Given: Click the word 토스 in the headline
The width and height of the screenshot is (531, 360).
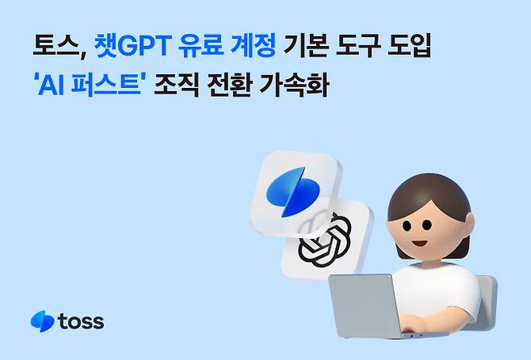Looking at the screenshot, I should coord(50,44).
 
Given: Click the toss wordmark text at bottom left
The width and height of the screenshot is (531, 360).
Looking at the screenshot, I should coord(81,322).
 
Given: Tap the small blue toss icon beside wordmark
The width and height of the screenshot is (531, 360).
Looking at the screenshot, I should coord(41,321).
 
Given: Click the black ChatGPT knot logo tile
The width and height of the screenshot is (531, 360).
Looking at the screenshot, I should coord(325,237).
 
